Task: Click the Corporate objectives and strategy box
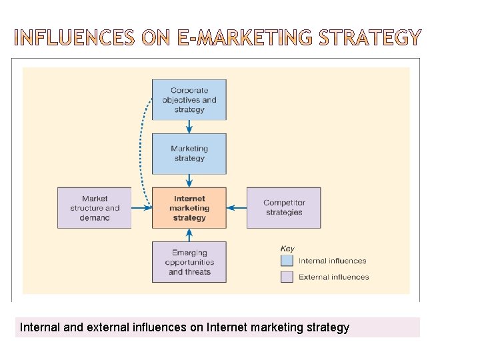(189, 99)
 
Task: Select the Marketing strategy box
(189, 153)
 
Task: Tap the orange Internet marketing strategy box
(189, 208)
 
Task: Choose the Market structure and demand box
(95, 208)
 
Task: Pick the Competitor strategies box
(284, 208)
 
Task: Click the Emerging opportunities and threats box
(189, 262)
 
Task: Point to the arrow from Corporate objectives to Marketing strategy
(189, 126)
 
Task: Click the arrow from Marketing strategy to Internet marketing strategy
(189, 181)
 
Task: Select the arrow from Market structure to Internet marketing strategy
(141, 208)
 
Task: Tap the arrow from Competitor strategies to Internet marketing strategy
(237, 208)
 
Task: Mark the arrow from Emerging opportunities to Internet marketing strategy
(189, 235)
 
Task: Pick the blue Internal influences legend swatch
(287, 261)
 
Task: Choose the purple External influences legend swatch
(287, 277)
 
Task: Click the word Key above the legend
(287, 249)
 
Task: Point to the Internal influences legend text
(332, 261)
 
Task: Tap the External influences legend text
(333, 277)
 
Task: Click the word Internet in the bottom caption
(228, 327)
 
